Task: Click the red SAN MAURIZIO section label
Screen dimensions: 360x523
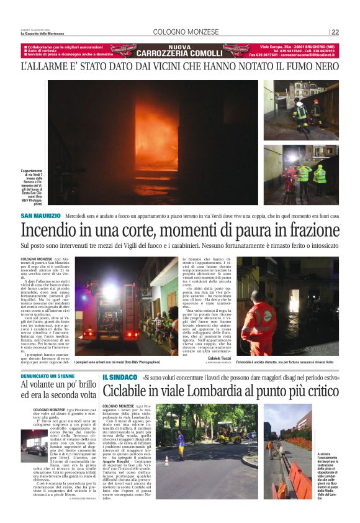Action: [x=41, y=216]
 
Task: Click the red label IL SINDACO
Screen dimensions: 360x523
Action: [x=120, y=377]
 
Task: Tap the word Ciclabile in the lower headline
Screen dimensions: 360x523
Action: [x=127, y=391]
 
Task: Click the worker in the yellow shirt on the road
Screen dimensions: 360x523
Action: [x=181, y=443]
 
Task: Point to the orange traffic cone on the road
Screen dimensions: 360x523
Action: [x=166, y=460]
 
